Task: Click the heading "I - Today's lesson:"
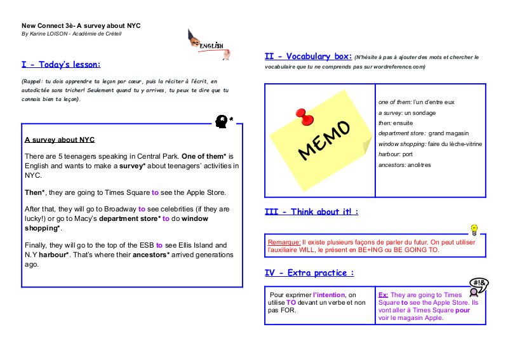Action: pyautogui.click(x=61, y=64)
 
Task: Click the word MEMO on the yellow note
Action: pyautogui.click(x=323, y=140)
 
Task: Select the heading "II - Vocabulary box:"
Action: pyautogui.click(x=308, y=57)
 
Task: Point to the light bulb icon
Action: pyautogui.click(x=473, y=229)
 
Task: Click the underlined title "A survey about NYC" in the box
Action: pyautogui.click(x=60, y=140)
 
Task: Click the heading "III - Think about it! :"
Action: pyautogui.click(x=311, y=211)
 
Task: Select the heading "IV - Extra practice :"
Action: pyautogui.click(x=309, y=273)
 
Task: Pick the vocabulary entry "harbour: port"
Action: pyautogui.click(x=395, y=154)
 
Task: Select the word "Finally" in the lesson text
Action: pyautogui.click(x=37, y=245)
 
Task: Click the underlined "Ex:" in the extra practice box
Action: pyautogui.click(x=384, y=295)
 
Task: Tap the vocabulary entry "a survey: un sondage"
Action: pyautogui.click(x=405, y=112)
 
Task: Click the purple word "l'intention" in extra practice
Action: pyautogui.click(x=331, y=295)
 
